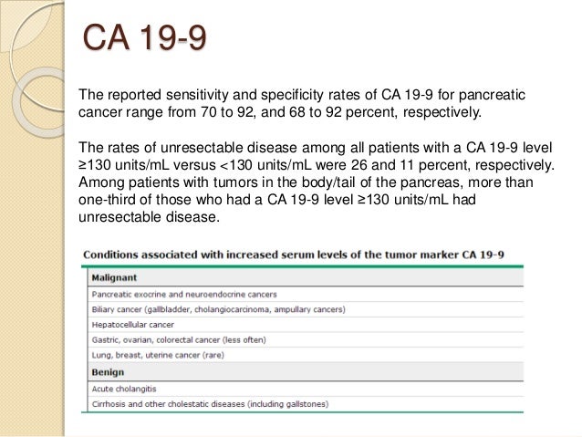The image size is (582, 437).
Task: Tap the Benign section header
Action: [108, 372]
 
